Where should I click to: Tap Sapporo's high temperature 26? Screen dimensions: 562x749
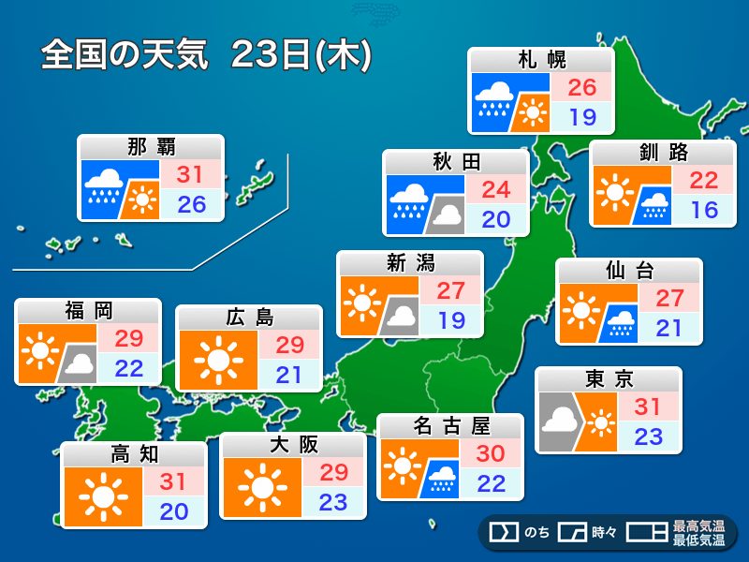[x=581, y=89]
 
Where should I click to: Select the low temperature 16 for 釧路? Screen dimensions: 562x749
[x=704, y=209]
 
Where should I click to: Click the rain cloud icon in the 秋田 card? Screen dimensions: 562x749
[x=409, y=200]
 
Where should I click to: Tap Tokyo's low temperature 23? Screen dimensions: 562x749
[x=649, y=436]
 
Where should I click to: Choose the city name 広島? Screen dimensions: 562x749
[x=248, y=318]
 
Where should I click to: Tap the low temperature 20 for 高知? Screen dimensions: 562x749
[x=174, y=511]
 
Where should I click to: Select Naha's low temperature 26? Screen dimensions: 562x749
[x=191, y=203]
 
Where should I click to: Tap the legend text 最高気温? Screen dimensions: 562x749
[x=698, y=525]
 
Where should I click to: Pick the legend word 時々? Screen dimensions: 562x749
[x=604, y=533]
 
